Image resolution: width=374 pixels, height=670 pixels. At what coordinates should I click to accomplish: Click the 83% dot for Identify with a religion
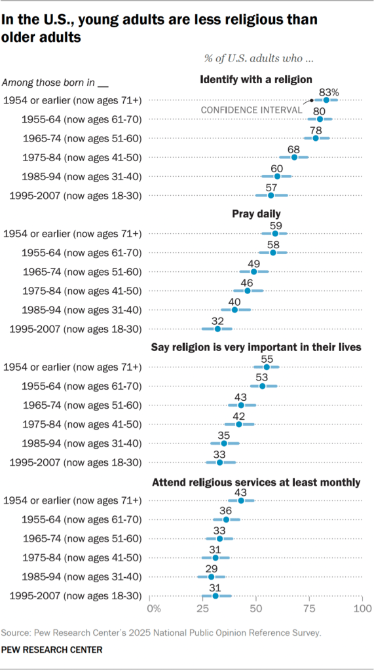point(326,100)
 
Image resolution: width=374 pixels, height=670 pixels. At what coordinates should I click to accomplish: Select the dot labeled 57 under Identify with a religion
point(271,195)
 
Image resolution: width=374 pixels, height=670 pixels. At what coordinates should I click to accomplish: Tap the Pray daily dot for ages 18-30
point(218,328)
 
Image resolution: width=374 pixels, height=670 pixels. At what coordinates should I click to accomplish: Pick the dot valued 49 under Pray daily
point(254,271)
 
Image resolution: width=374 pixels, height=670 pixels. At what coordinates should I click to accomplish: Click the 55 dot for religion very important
point(267,367)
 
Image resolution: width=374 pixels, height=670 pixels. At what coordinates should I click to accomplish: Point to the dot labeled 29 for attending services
point(212,576)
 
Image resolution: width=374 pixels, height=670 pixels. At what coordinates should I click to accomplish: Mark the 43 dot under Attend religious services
point(241,500)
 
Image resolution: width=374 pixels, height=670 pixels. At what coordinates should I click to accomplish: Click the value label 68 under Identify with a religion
point(294,147)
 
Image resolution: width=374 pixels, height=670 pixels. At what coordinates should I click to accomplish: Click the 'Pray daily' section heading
point(255,214)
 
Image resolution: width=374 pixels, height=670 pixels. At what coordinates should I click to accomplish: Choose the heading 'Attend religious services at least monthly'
point(255,483)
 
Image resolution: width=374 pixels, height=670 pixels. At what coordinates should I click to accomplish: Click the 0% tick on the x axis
point(154,609)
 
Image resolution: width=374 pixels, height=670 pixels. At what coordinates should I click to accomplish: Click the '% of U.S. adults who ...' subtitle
point(259,58)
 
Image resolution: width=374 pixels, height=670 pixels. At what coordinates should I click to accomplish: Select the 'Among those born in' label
point(49,83)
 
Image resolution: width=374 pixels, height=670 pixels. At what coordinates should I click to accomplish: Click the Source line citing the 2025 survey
point(162,633)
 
